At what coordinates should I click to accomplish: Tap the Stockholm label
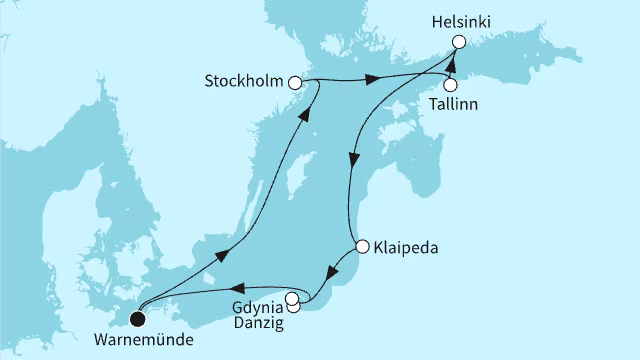pyautogui.click(x=243, y=83)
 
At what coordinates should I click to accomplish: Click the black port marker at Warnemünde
pyautogui.click(x=137, y=319)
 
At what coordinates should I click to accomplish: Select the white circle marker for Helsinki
pyautogui.click(x=459, y=42)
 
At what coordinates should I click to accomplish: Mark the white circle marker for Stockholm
pyautogui.click(x=294, y=84)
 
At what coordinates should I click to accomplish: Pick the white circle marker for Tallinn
pyautogui.click(x=450, y=85)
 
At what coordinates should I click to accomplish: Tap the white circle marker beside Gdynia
pyautogui.click(x=291, y=298)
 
